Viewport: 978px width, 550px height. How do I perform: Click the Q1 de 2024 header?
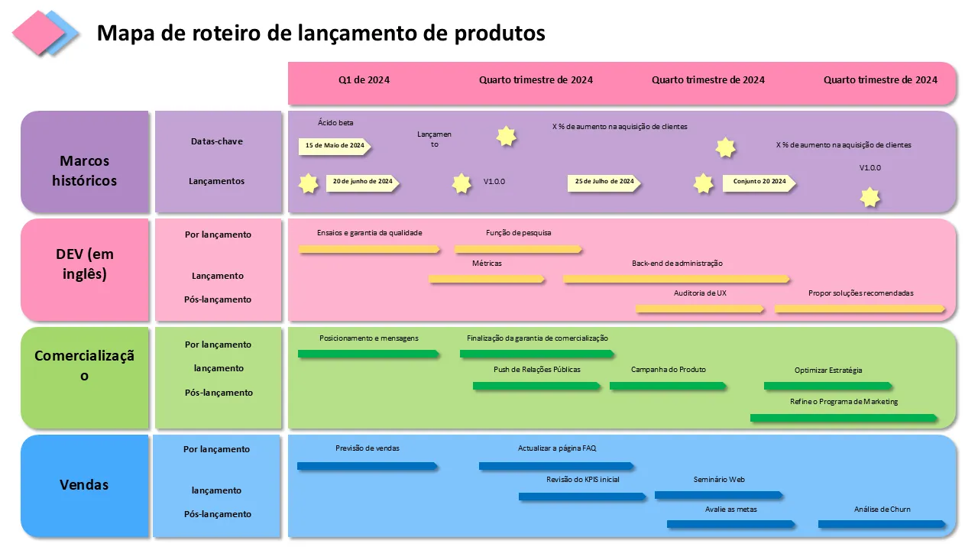pyautogui.click(x=364, y=80)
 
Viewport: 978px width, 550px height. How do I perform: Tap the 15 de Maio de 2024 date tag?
pyautogui.click(x=334, y=145)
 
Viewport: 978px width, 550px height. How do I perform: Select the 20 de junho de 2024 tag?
pyautogui.click(x=362, y=182)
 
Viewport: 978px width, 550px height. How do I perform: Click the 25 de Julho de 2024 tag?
pyautogui.click(x=604, y=182)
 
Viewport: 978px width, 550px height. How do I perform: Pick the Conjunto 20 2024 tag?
pyautogui.click(x=759, y=182)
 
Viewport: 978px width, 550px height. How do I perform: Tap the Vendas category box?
pyautogui.click(x=85, y=485)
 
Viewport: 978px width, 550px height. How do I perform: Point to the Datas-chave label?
pyautogui.click(x=217, y=141)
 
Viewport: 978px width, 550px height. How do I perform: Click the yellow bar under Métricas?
pyautogui.click(x=487, y=279)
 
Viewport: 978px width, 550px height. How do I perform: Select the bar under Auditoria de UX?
pyautogui.click(x=699, y=309)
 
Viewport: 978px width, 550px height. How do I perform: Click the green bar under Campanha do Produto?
pyautogui.click(x=667, y=386)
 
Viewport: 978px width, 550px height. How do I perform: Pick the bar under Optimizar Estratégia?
pyautogui.click(x=827, y=386)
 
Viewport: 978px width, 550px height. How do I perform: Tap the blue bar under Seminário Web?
pyautogui.click(x=718, y=495)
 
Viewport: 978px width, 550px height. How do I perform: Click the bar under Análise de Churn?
pyautogui.click(x=882, y=524)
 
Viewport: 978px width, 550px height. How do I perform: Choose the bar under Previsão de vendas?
pyautogui.click(x=367, y=465)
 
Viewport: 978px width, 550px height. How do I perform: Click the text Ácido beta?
pyautogui.click(x=335, y=122)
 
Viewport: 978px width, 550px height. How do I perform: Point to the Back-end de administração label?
pyautogui.click(x=677, y=264)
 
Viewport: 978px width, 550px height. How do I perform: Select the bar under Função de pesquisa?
pyautogui.click(x=518, y=249)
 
